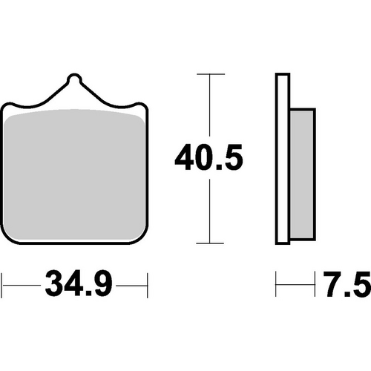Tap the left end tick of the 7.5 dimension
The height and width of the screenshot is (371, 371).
click(x=277, y=283)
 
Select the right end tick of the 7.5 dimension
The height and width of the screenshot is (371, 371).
click(x=316, y=283)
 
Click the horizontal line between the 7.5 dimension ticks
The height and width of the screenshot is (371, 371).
click(x=296, y=283)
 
